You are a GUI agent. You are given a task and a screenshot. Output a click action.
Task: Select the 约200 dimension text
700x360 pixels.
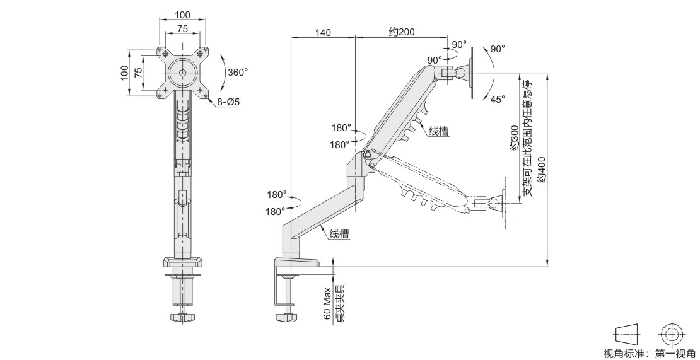point(401,32)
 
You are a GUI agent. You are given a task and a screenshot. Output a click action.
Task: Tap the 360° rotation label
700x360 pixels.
point(238,72)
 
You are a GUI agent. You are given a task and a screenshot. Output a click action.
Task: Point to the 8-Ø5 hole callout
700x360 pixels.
point(228,102)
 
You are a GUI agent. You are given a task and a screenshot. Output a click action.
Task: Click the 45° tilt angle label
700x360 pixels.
point(498,99)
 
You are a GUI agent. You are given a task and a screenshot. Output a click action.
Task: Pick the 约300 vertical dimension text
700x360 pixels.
point(514,139)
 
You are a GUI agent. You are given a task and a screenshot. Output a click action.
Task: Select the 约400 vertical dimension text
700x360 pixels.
point(541,168)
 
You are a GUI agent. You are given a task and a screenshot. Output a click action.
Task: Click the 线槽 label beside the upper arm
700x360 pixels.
point(438,131)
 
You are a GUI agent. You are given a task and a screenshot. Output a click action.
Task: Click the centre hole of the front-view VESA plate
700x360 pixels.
point(182,73)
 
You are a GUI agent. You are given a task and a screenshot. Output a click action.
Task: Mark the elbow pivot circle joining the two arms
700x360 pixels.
point(367,155)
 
